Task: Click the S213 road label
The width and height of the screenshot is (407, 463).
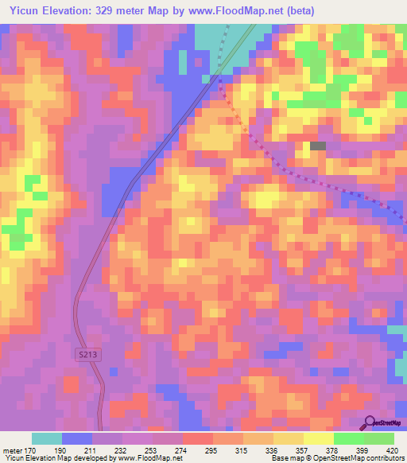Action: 90,354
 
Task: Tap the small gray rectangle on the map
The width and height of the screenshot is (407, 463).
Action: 318,146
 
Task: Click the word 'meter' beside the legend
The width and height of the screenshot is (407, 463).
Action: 12,449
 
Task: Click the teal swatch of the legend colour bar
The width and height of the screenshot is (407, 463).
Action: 47,438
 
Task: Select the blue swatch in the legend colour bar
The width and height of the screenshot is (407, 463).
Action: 77,438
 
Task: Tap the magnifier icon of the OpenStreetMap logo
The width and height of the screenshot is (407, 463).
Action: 370,422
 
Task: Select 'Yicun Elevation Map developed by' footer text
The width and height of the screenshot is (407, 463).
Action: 58,459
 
